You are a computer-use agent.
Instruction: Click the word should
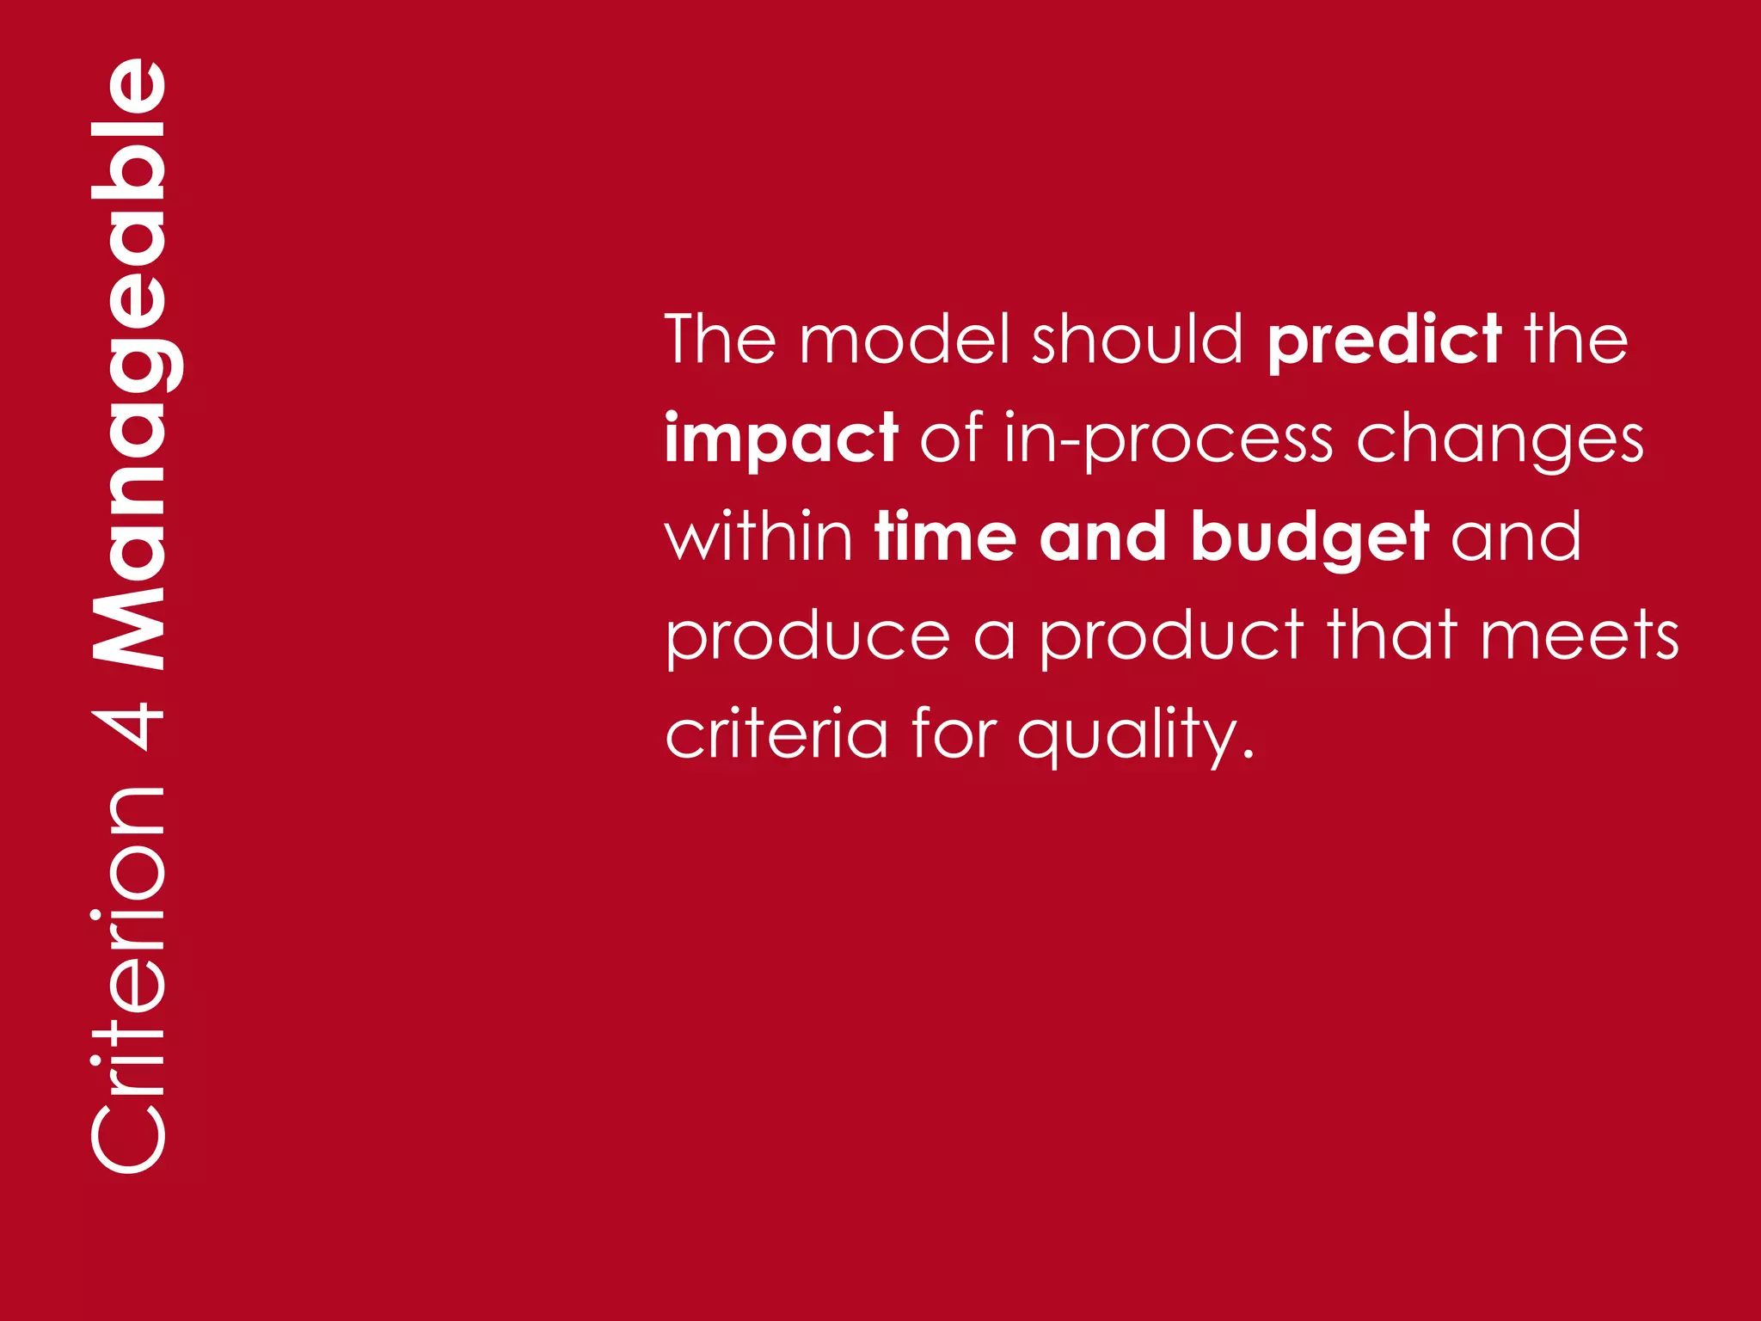[x=1138, y=340]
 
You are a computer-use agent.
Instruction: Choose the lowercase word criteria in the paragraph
[x=776, y=735]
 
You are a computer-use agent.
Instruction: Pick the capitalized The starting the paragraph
[x=721, y=340]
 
